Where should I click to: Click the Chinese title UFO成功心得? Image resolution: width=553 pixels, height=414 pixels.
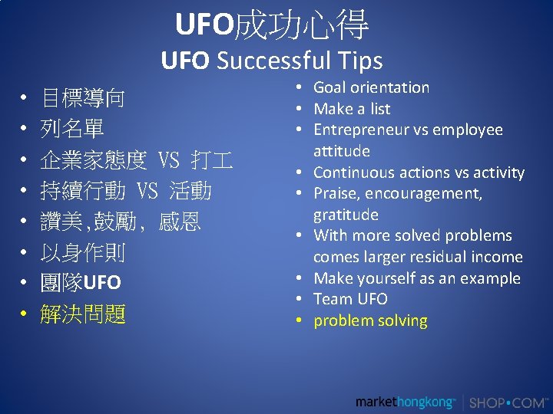coord(272,25)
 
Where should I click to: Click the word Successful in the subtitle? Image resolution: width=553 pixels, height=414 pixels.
coord(272,61)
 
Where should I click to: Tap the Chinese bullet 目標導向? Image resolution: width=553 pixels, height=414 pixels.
coord(83,98)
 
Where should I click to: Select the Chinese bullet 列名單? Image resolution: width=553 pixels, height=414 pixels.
coord(72,129)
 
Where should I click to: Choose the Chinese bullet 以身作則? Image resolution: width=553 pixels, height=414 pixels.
coord(83,252)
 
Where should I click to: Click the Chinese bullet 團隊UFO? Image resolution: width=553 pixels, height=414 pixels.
coord(81,283)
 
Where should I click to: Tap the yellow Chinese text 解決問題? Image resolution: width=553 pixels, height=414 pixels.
coord(83,314)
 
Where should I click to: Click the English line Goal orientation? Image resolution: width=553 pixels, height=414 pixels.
coord(371,87)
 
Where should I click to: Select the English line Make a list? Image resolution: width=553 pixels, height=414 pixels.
coord(352,109)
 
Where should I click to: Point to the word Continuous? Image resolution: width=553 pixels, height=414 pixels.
coord(353,172)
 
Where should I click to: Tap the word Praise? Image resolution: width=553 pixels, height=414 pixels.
coord(336,193)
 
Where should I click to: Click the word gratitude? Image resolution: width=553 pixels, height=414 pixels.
coord(346,215)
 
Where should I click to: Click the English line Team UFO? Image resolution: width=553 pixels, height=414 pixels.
coord(350,299)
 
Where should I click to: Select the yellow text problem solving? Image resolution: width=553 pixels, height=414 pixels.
coord(370,320)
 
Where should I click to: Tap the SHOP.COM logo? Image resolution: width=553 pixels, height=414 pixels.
coord(508,402)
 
